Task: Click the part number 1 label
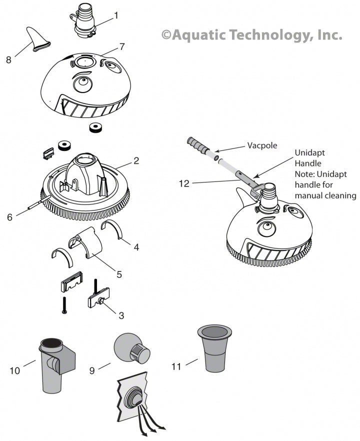[116, 15]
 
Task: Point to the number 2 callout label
[136, 161]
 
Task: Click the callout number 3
[121, 315]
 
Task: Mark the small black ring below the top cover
[95, 128]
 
